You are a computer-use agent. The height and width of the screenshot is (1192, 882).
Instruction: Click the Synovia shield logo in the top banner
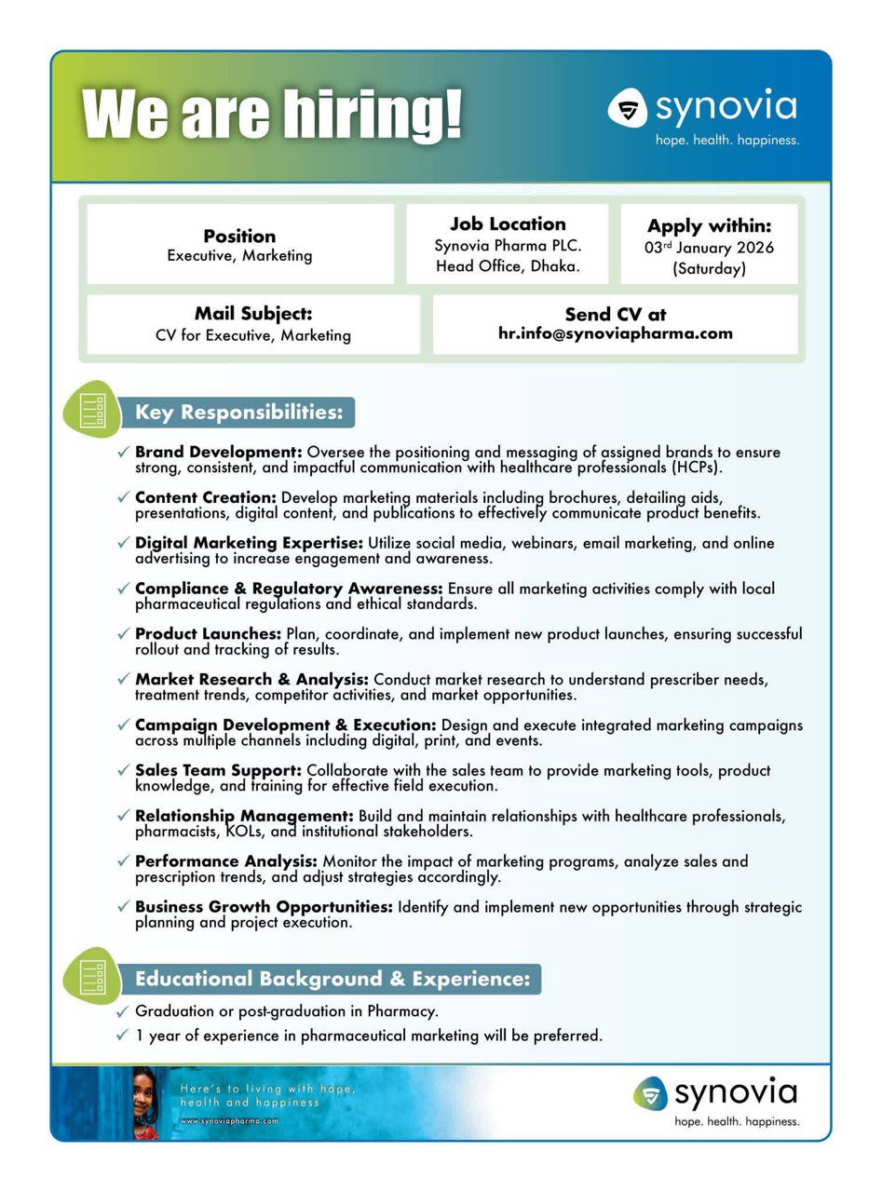point(628,108)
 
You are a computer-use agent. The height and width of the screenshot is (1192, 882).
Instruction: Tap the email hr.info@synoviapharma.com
point(615,333)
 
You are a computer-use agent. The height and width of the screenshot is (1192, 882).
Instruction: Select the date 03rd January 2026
point(709,248)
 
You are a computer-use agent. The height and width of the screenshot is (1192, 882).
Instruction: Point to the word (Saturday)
point(709,269)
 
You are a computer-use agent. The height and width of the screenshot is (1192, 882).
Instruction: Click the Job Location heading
point(508,223)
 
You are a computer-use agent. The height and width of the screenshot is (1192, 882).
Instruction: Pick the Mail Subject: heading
point(253,314)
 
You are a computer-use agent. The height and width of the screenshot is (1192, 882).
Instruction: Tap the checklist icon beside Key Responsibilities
point(91,410)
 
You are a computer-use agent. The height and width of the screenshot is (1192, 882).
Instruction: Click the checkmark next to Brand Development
point(123,452)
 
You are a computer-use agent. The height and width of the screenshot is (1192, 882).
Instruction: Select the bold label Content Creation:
point(206,497)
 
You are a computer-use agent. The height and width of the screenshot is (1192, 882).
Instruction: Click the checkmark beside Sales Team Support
point(123,770)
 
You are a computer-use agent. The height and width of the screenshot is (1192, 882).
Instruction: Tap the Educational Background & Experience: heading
point(332,979)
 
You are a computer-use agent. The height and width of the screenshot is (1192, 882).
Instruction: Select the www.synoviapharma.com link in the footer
point(229,1121)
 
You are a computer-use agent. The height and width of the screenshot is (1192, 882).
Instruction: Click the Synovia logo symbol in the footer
point(650,1093)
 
